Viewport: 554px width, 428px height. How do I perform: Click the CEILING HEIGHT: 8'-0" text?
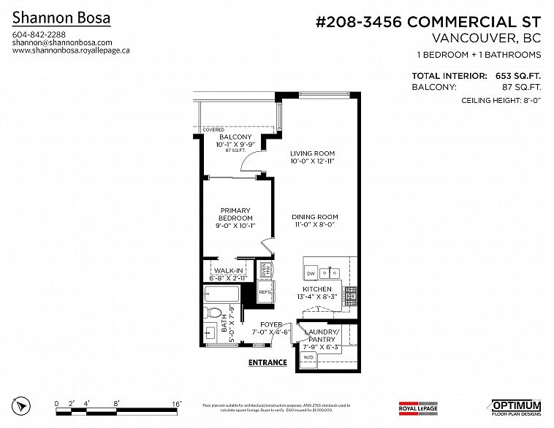coord(501,101)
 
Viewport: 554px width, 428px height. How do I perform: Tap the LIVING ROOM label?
coord(312,153)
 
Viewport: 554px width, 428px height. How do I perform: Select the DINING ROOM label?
coord(314,217)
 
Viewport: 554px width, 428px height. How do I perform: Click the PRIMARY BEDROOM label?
coord(235,214)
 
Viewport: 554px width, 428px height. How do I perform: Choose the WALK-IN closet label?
coord(228,270)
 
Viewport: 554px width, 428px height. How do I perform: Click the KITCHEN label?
coord(317,289)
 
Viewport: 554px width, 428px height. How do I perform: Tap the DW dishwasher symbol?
coord(311,273)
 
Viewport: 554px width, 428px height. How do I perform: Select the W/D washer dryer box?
coord(309,357)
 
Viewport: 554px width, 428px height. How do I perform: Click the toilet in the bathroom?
coord(211,315)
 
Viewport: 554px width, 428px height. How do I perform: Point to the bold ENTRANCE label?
coord(267,362)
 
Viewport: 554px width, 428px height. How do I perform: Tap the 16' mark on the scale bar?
coord(176,403)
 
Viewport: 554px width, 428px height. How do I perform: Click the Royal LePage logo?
coord(418,406)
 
